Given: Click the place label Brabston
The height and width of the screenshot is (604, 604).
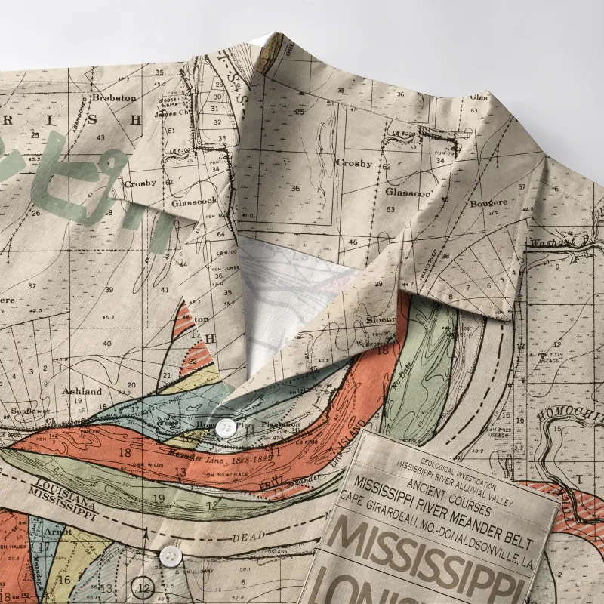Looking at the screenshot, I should [114, 97].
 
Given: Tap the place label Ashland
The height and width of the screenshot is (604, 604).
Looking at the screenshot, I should [82, 391].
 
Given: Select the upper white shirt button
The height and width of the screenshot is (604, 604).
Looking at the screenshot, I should [225, 428].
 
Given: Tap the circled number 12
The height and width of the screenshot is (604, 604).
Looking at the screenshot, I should [144, 587].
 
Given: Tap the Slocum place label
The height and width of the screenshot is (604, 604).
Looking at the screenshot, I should [381, 320].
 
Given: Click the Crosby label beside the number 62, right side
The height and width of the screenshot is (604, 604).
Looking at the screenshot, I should [354, 162].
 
